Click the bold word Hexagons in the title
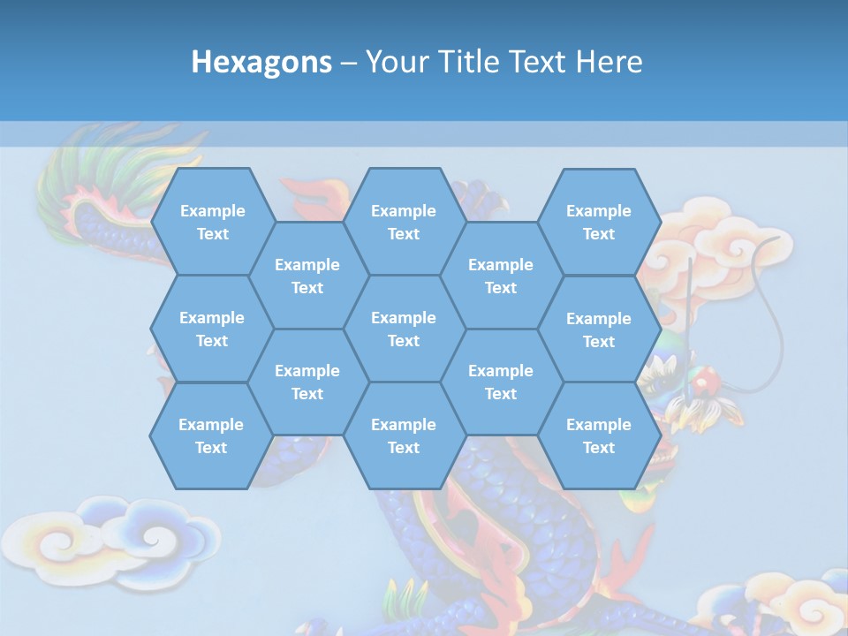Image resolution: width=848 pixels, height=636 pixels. click(x=261, y=62)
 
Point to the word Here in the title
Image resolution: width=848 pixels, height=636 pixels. click(x=609, y=62)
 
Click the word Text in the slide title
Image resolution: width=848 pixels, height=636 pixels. click(x=538, y=62)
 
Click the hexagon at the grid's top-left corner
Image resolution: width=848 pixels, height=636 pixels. click(x=212, y=222)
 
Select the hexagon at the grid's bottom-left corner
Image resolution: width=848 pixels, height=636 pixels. click(x=211, y=435)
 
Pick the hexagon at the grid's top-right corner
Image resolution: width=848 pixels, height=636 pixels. click(x=599, y=222)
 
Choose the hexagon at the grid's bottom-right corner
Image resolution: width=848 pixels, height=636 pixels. click(x=599, y=435)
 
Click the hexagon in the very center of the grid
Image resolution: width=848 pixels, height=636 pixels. click(x=404, y=329)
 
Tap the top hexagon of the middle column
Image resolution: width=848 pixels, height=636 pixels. click(x=404, y=222)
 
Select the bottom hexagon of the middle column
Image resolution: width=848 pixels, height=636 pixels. click(x=404, y=435)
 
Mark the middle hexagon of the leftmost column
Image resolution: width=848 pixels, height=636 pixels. click(x=212, y=329)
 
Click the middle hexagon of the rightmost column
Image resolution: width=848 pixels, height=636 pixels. click(x=599, y=329)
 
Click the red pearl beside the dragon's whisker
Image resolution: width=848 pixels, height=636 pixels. click(x=704, y=382)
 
